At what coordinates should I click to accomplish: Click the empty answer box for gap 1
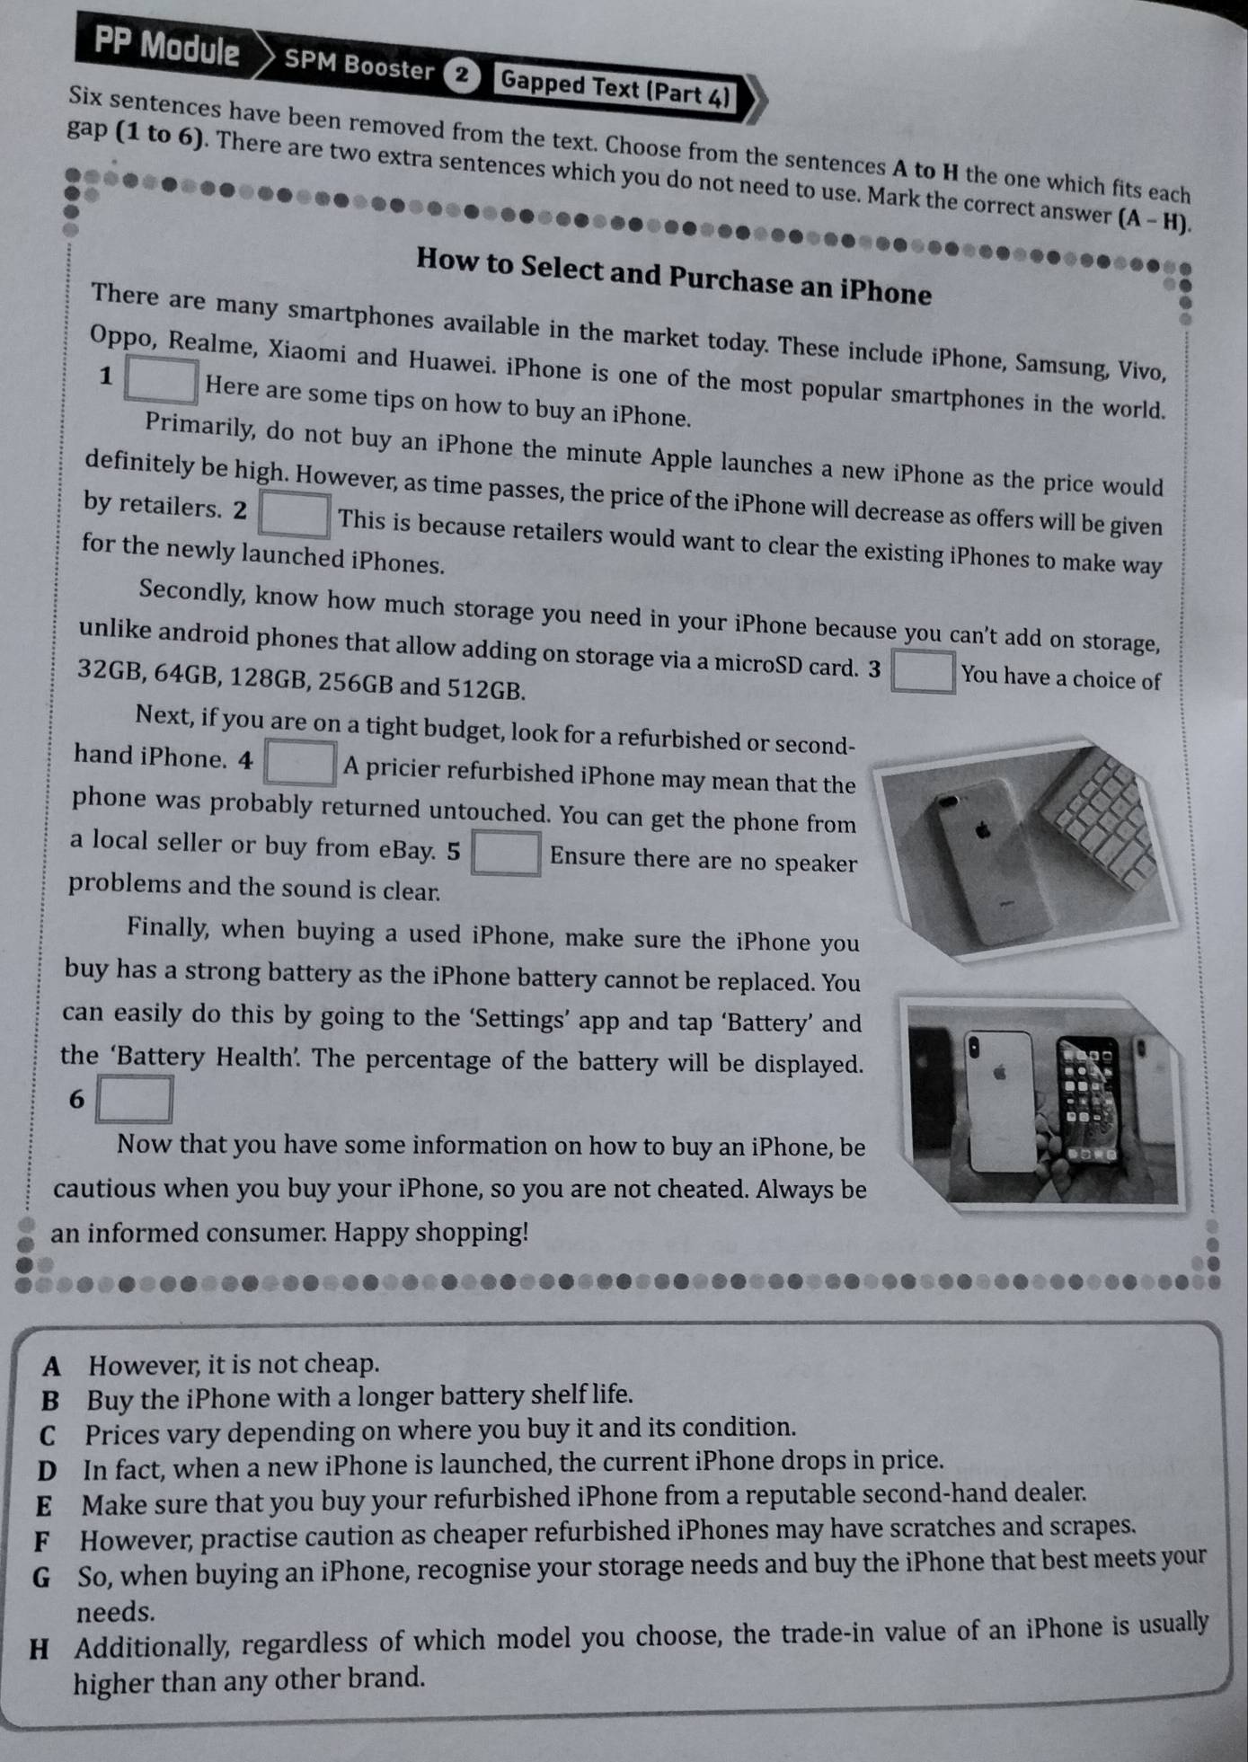[162, 381]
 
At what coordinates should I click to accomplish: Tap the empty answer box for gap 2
[294, 515]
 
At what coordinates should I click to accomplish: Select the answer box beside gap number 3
[923, 672]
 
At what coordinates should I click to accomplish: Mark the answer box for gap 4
[300, 763]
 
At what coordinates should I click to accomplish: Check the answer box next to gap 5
[507, 853]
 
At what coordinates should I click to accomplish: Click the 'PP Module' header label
[167, 47]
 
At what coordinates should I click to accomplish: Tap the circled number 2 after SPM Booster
[461, 75]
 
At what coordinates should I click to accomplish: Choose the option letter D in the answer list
[48, 1471]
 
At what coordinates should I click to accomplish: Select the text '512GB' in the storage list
[486, 689]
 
